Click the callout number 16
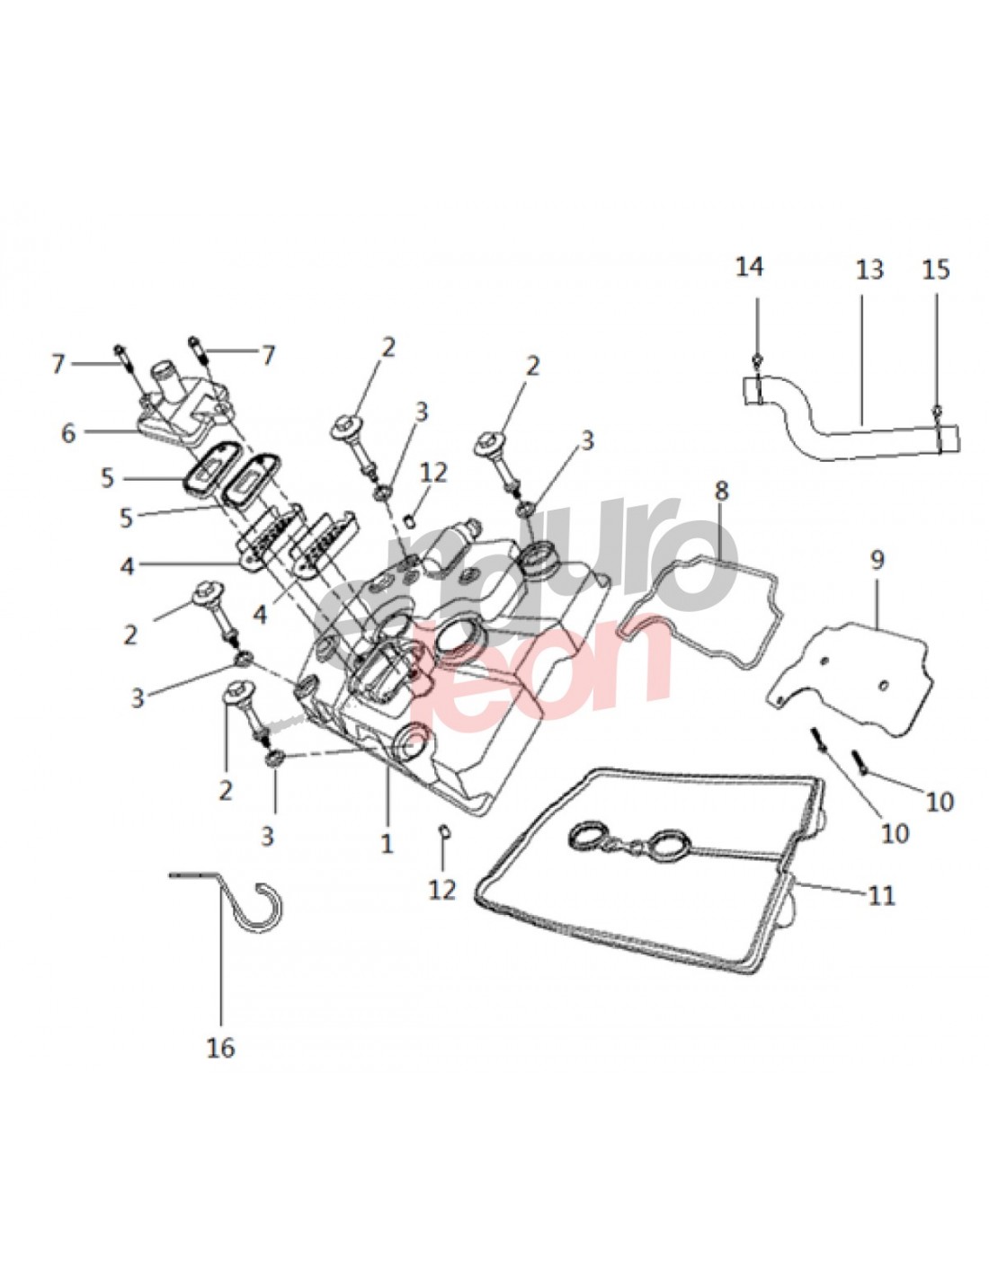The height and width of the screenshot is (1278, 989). [x=221, y=1047]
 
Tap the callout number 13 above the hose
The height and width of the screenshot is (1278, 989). [x=869, y=269]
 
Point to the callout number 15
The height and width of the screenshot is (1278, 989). [x=937, y=270]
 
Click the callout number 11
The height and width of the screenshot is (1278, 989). [x=883, y=895]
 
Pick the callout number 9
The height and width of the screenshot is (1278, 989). [x=877, y=560]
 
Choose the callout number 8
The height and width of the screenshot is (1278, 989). [x=721, y=491]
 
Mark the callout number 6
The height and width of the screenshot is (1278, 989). [x=68, y=432]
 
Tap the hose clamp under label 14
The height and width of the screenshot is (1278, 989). [x=758, y=386]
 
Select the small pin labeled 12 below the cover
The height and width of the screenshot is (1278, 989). [x=443, y=830]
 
